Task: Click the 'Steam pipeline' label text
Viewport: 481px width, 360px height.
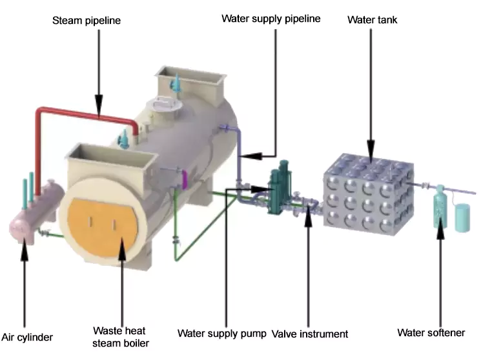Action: point(86,21)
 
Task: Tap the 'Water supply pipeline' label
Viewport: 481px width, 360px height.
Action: point(271,18)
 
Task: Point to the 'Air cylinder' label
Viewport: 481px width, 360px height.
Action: point(26,337)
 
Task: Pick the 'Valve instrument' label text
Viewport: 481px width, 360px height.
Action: point(310,334)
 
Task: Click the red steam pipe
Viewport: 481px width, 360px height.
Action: point(84,115)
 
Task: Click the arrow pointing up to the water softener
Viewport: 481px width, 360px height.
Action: point(441,277)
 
